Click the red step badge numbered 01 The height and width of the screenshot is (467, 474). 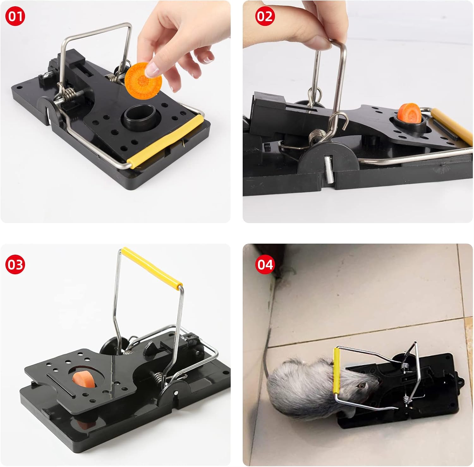(x=15, y=16)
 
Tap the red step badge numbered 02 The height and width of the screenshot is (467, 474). (x=265, y=16)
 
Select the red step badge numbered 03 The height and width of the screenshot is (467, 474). (x=15, y=264)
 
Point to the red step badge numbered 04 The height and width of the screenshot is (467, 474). (x=265, y=264)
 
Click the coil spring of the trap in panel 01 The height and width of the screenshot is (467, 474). (x=70, y=94)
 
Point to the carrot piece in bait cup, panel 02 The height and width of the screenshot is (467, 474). (x=410, y=114)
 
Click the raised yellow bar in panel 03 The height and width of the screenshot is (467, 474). (x=152, y=266)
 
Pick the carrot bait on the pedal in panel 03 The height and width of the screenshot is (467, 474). (x=83, y=379)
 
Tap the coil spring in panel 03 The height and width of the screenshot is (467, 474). (x=160, y=377)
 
